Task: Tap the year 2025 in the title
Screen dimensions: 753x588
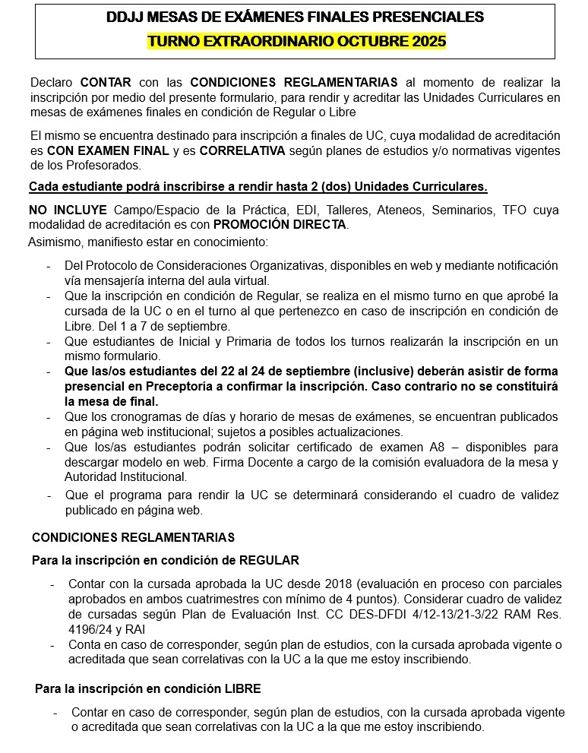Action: [428, 41]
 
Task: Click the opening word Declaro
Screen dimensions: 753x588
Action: [52, 82]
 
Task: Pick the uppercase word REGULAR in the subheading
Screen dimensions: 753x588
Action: [269, 560]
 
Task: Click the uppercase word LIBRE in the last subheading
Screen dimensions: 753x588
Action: [245, 688]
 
